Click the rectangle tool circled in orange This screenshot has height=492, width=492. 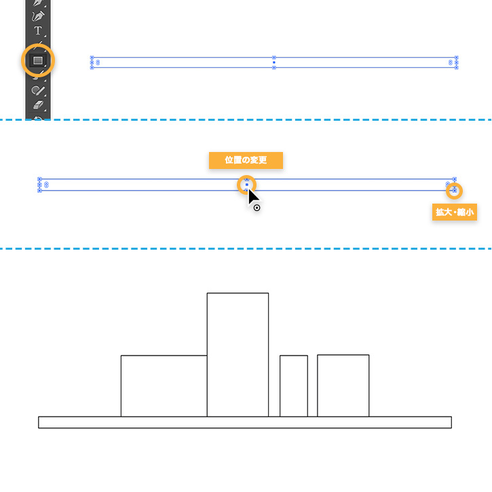38,61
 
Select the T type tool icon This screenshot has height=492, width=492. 38,31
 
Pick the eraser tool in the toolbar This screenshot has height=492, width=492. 38,105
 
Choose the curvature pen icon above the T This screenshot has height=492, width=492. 38,14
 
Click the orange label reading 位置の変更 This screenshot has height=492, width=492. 245,160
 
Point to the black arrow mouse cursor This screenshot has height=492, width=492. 253,198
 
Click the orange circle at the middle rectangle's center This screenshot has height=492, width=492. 246,184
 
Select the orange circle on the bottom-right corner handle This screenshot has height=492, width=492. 454,191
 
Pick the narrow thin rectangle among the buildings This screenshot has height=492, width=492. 293,385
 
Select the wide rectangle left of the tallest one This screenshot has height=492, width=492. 164,385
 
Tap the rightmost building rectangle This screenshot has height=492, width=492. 343,385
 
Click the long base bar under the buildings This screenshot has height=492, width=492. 244,422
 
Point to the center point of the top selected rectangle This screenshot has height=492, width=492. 273,62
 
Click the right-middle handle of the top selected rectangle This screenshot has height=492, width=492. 456,62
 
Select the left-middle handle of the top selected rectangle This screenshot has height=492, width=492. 92,62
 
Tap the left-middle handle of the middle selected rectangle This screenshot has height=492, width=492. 39,185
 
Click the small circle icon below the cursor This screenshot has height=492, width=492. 257,208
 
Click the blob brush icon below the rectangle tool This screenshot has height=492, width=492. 38,90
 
